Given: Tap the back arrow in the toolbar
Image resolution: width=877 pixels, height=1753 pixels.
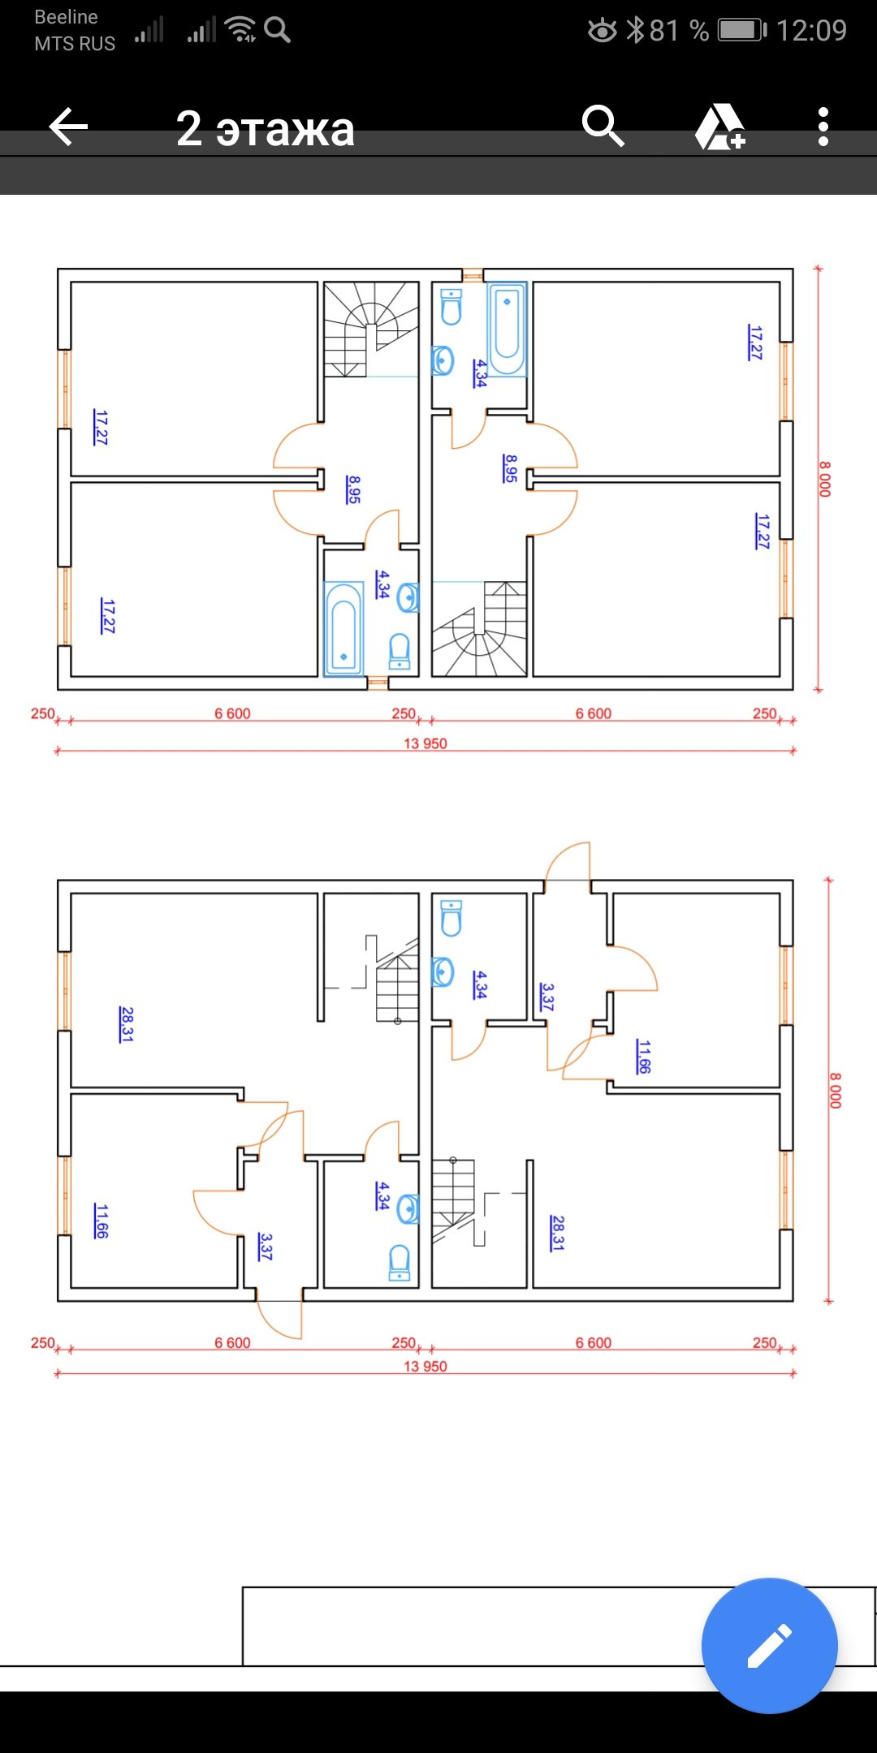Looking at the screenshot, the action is point(68,127).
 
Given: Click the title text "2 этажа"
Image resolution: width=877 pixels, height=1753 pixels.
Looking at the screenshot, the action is point(266,129).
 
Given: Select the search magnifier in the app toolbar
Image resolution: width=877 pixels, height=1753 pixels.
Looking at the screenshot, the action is point(603,126).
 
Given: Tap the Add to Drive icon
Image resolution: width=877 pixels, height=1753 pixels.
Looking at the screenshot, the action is point(719,127).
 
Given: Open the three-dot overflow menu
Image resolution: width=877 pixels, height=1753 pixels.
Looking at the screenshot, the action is point(823,127).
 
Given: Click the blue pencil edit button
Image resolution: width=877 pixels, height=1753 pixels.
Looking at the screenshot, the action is point(769,1645).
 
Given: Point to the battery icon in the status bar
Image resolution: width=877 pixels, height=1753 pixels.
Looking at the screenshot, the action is point(741,31).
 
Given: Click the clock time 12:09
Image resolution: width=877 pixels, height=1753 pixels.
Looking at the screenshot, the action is point(811,31).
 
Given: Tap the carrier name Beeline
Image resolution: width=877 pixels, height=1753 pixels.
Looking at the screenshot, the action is point(66,17).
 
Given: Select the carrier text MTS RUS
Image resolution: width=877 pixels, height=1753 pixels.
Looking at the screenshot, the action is point(75,44).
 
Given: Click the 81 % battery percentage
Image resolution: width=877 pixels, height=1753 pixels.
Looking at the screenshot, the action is point(679,31).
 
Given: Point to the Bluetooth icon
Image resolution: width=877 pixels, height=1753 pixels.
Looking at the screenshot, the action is point(636,31).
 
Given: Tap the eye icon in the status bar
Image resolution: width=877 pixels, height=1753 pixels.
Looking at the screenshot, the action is point(602,31).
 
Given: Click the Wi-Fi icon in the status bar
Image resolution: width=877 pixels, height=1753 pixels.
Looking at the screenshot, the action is point(241,29).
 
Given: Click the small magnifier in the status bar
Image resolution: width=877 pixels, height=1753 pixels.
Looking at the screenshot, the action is point(278,30).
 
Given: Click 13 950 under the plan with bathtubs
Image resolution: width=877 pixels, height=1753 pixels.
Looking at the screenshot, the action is point(425,743).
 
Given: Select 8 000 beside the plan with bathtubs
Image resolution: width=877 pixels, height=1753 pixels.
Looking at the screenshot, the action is point(825,479).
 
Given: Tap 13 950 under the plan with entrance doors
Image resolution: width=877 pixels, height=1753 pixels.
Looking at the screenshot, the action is point(425,1366).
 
